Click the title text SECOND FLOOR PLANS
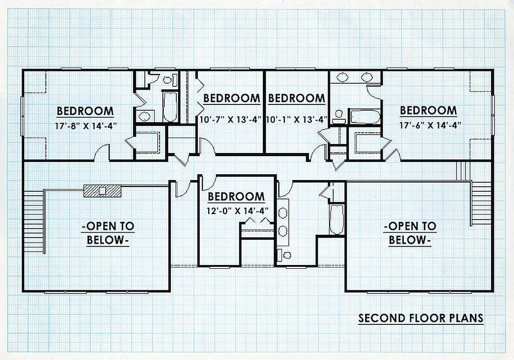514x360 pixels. click(x=421, y=318)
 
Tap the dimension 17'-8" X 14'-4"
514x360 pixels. click(x=86, y=126)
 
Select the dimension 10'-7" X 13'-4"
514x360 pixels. click(x=230, y=119)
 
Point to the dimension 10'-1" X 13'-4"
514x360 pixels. click(x=297, y=119)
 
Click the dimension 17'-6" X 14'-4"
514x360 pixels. click(x=430, y=125)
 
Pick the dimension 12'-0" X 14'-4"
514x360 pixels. click(x=237, y=211)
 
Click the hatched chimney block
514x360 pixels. click(x=103, y=191)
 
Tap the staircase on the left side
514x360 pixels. click(x=34, y=221)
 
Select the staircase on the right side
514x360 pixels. click(x=481, y=203)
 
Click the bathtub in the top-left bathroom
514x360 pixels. click(x=170, y=107)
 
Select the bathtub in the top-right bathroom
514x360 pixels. click(x=365, y=117)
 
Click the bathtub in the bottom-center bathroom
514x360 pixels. click(x=337, y=220)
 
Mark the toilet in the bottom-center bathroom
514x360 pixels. click(x=285, y=255)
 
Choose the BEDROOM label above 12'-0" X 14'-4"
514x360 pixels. click(x=237, y=197)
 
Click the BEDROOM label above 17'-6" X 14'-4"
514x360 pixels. click(x=429, y=111)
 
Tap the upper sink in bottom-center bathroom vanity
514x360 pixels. click(x=282, y=213)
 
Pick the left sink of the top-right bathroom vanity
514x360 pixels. click(x=343, y=77)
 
